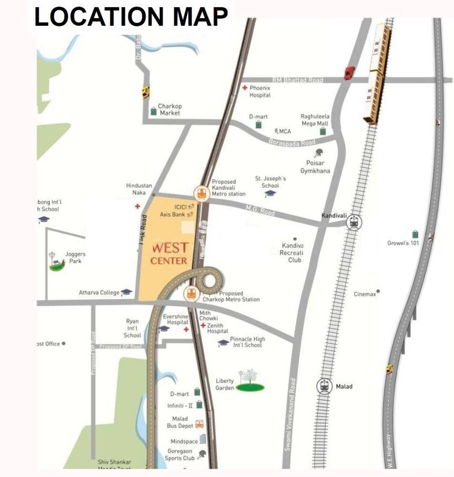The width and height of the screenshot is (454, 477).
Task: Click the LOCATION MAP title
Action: (x=131, y=17)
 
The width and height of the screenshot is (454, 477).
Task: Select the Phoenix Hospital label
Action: (x=260, y=91)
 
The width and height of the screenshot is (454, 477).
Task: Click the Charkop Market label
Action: (x=170, y=109)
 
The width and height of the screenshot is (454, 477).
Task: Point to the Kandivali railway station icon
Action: (x=354, y=223)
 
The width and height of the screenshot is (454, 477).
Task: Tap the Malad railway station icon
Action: (x=325, y=386)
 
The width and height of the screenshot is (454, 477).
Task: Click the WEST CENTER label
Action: (x=170, y=253)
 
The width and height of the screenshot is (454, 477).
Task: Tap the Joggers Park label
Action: (x=75, y=257)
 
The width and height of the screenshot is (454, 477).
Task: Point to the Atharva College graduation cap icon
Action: (x=126, y=292)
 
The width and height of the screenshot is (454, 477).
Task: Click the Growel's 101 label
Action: (x=402, y=243)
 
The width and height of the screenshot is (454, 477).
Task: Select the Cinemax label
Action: (x=365, y=294)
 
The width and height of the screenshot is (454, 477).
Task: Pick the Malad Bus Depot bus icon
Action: (x=199, y=424)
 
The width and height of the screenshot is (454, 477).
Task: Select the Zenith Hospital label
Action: (x=217, y=328)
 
